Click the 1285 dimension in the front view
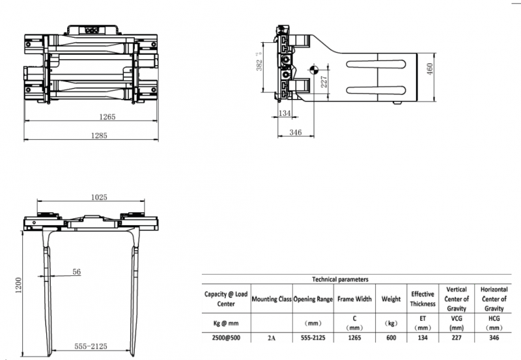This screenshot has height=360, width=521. click(99, 135)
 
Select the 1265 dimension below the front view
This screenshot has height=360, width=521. click(107, 117)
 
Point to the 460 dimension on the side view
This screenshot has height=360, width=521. click(429, 69)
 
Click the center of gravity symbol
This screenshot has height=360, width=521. click(314, 70)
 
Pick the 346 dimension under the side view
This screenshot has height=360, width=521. click(296, 133)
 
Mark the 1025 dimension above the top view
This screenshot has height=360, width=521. click(99, 197)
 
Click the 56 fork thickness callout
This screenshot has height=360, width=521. click(76, 271)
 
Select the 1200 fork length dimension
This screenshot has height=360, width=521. click(18, 285)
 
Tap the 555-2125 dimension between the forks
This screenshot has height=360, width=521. click(91, 346)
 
